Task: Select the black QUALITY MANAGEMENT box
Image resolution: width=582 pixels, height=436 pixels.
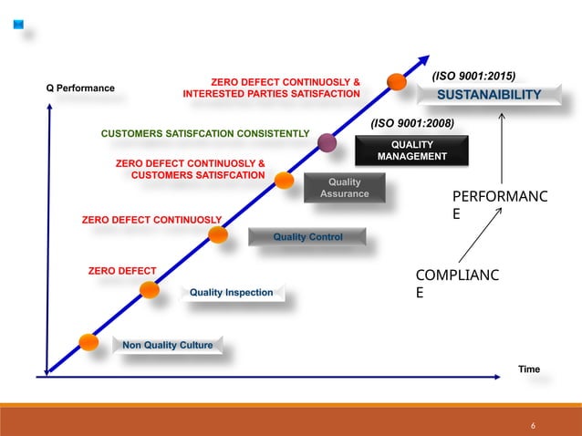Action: tap(411, 151)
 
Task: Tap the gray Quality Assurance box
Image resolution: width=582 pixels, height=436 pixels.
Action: tap(345, 187)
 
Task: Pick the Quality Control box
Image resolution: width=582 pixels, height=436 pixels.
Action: tap(307, 237)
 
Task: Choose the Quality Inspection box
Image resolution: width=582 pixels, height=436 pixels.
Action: tap(231, 292)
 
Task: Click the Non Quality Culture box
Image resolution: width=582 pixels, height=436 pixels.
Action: tap(167, 346)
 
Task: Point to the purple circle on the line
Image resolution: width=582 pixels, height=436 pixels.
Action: tap(327, 141)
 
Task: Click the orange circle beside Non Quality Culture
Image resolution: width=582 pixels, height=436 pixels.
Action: tap(88, 342)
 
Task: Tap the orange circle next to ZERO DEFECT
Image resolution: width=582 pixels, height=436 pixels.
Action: tap(150, 290)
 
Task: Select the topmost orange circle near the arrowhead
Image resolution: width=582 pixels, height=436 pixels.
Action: tap(397, 82)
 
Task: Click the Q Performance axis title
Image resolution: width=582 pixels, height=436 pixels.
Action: tap(80, 88)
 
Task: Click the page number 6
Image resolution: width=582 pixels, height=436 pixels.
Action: tap(533, 426)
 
